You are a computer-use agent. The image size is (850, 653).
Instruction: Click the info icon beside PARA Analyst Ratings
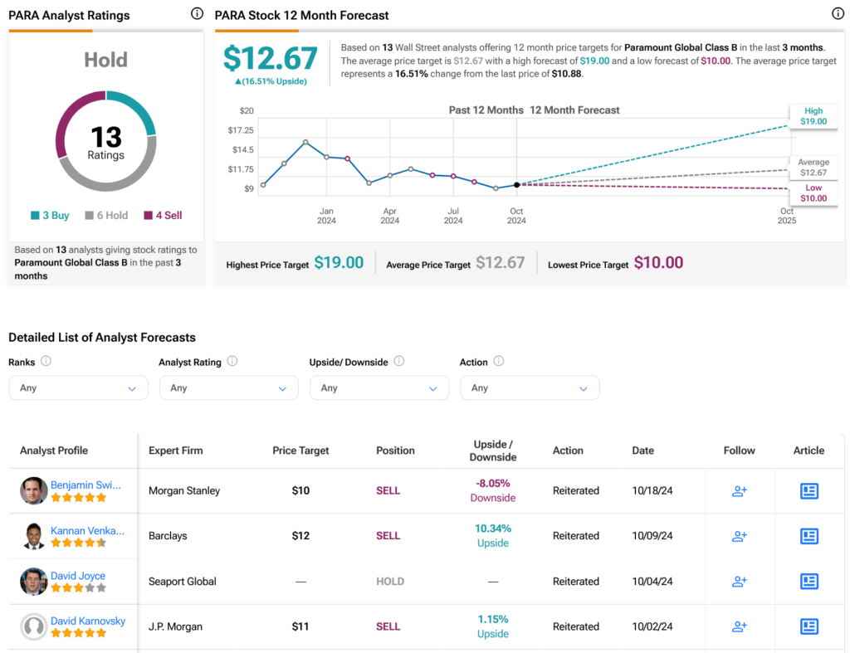pos(197,14)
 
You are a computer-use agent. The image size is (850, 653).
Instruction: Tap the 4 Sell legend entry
pos(163,216)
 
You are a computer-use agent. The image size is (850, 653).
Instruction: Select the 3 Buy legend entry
pos(50,216)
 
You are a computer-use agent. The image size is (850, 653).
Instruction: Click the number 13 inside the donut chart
pos(106,137)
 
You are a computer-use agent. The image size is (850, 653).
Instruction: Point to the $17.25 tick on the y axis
pos(241,130)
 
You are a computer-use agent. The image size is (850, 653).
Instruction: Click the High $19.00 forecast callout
pos(813,116)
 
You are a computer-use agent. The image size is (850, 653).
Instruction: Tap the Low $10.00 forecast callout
pos(813,193)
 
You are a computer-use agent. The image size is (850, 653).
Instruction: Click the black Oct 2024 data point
pos(517,185)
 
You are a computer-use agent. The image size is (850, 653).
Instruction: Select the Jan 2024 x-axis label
pos(326,216)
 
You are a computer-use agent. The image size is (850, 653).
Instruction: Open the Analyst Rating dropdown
pos(228,388)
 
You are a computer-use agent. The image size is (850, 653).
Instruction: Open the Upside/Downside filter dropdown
pos(379,388)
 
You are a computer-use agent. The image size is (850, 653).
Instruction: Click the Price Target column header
pos(300,451)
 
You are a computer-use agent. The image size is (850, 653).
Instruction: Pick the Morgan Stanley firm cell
pos(184,490)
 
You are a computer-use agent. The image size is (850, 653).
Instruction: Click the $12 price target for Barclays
pos(300,536)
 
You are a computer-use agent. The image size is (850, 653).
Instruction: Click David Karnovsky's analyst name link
pos(88,621)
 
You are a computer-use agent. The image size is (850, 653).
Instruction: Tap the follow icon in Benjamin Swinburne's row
pos(739,491)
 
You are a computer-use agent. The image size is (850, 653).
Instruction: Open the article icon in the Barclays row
pos(808,536)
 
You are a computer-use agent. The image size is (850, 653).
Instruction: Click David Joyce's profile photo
pos(34,582)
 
